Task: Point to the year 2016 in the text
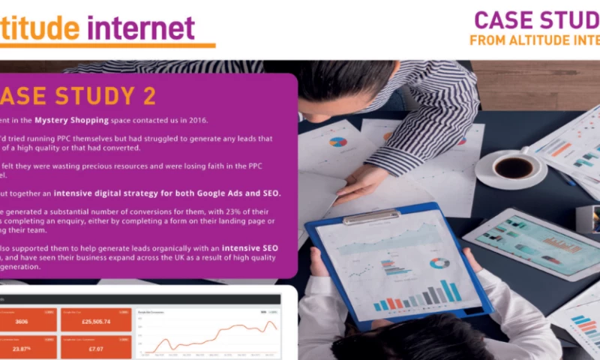[200, 120]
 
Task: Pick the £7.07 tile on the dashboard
[97, 347]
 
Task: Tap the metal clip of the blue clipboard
[371, 217]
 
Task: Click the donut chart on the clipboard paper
[439, 263]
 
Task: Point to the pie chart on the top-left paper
[338, 141]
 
